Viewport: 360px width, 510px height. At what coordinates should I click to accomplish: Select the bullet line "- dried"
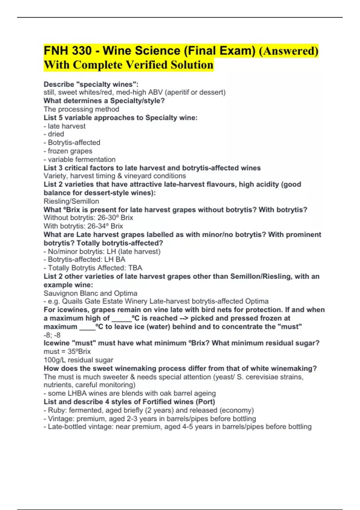click(54, 134)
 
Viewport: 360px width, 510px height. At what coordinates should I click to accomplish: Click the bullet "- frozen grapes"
click(68, 151)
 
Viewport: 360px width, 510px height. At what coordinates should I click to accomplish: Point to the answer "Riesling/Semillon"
click(71, 201)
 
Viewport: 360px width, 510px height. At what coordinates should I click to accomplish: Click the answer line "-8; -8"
click(52, 335)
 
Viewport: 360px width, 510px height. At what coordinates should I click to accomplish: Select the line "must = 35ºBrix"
click(67, 351)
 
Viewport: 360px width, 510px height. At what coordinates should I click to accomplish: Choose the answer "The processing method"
click(81, 109)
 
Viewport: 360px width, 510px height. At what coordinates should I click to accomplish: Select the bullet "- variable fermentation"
click(79, 159)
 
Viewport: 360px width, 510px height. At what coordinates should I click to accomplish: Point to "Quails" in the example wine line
click(72, 301)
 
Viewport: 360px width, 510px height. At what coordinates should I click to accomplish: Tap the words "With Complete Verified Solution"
click(128, 65)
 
